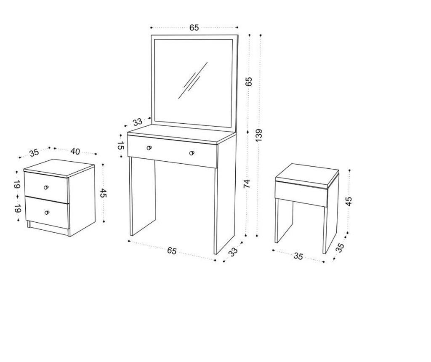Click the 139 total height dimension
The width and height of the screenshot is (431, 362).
click(x=259, y=135)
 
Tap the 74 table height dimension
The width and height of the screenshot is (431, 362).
click(x=247, y=184)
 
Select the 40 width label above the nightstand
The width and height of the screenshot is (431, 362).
click(x=75, y=152)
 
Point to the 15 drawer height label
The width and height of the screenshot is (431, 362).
click(x=121, y=146)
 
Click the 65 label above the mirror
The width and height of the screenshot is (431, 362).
click(x=194, y=27)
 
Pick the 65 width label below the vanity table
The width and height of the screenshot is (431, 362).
click(x=172, y=251)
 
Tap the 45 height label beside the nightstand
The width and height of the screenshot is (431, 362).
click(x=103, y=193)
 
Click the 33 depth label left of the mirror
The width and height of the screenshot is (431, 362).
click(x=138, y=122)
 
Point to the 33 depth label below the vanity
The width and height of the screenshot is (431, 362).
click(x=233, y=252)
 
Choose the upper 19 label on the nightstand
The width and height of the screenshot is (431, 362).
click(x=17, y=185)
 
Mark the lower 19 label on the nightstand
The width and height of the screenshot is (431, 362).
click(x=17, y=209)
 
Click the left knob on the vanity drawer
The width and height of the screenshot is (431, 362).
click(x=149, y=148)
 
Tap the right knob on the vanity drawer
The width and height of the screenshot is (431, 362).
click(x=192, y=153)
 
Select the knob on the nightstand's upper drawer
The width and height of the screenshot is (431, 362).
click(x=46, y=187)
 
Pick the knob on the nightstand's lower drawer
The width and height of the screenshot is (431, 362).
click(x=47, y=213)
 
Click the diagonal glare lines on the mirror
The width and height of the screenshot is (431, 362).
click(x=193, y=80)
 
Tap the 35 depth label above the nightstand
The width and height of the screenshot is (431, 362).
click(x=35, y=153)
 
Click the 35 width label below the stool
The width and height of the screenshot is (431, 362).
click(x=298, y=256)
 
